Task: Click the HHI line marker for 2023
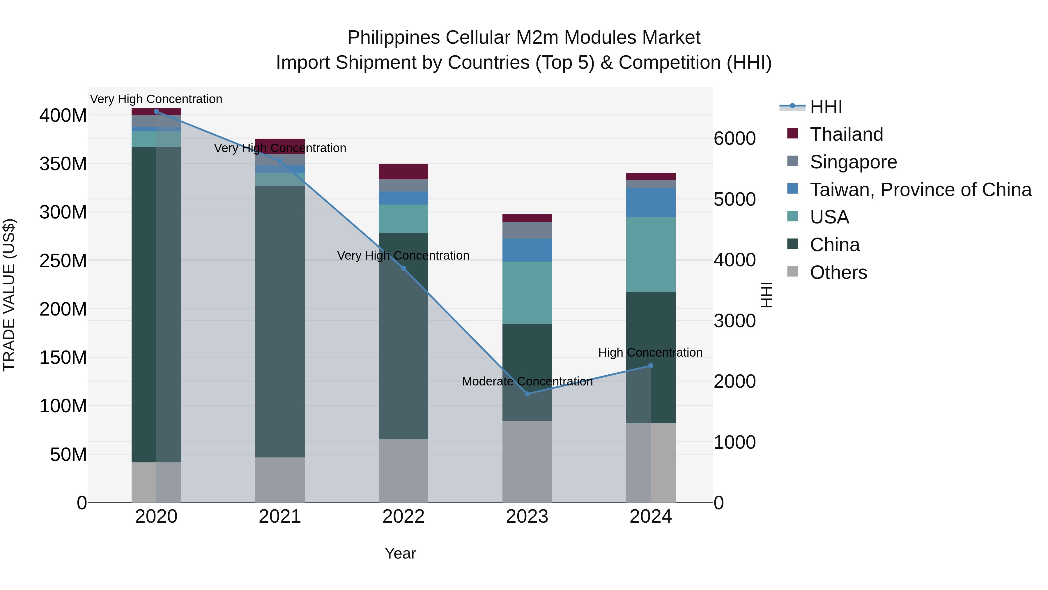pos(527,394)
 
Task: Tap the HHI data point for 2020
pos(156,112)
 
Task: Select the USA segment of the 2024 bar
pos(651,254)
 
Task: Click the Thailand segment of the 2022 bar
pos(403,171)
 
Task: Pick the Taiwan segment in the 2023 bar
pos(527,250)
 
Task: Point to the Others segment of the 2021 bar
pos(279,480)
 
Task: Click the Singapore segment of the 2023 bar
pos(527,230)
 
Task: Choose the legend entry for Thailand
pos(846,134)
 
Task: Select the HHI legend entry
pos(826,107)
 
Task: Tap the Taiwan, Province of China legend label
pos(920,190)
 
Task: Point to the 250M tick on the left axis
pos(63,260)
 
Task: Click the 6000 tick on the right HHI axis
pos(734,138)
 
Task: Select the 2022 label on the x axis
pos(403,517)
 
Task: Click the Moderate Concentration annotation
pos(527,381)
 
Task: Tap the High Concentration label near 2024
pos(650,353)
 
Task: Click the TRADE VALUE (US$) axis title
pos(9,295)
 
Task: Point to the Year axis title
pos(400,553)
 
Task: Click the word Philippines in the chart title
pos(393,38)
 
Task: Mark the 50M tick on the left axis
pos(68,455)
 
